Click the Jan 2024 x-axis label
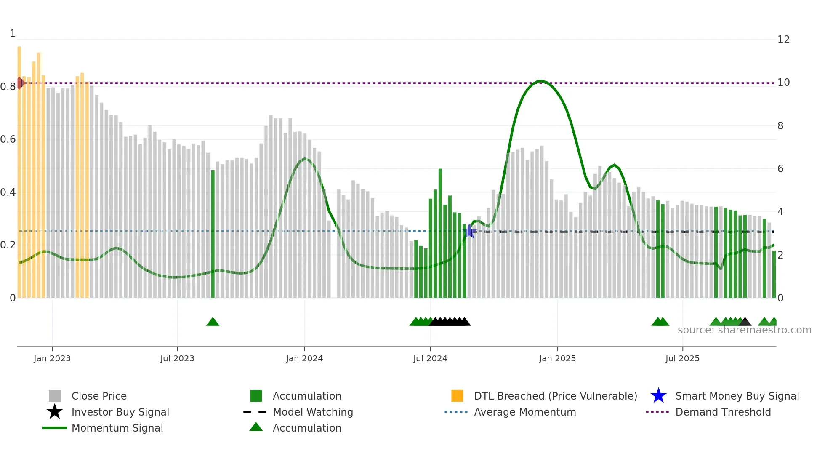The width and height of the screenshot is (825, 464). pos(304,358)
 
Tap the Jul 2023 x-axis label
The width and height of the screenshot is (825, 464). pos(177,358)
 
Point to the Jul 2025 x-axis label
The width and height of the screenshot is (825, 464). pos(682,358)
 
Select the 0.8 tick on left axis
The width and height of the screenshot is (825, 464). pos(8,87)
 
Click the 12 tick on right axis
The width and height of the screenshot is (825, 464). pos(783,40)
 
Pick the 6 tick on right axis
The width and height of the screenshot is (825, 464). pos(780,169)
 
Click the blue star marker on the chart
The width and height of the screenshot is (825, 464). pos(469,231)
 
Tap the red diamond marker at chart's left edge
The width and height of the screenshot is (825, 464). pos(20,83)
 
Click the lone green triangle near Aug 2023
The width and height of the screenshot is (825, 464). pos(213,322)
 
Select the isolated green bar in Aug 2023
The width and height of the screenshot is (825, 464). pos(213,234)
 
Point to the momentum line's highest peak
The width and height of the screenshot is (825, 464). pos(541,81)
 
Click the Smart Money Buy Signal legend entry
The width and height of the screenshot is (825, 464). pos(737,396)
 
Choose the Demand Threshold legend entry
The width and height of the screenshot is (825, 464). pos(723,412)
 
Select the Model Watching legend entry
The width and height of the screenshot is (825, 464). pos(312,412)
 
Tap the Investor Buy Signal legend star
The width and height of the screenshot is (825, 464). pos(55,412)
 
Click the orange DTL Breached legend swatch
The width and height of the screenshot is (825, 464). pos(457,396)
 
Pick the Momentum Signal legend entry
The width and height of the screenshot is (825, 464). pos(117,428)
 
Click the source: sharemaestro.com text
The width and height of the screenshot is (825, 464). pos(744,330)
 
